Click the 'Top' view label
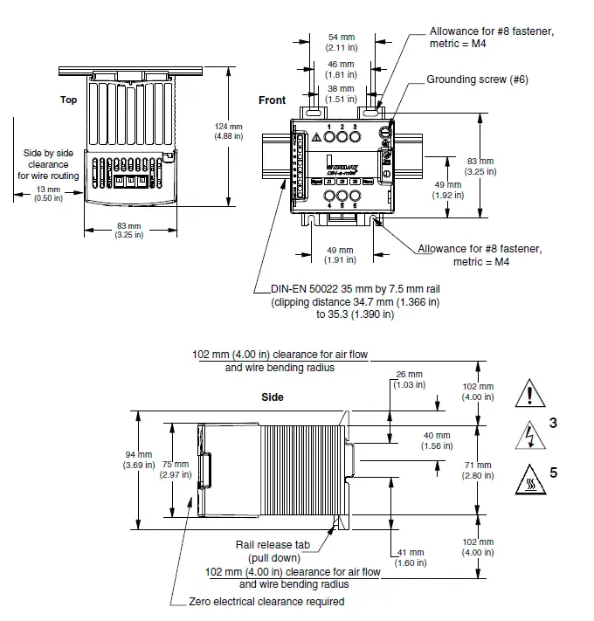click(x=68, y=100)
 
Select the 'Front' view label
click(x=272, y=100)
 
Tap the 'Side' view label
click(x=273, y=397)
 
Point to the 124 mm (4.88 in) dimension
click(x=228, y=131)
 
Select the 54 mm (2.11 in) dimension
click(x=340, y=43)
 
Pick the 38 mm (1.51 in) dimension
click(x=340, y=94)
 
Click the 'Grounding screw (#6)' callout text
click(x=477, y=79)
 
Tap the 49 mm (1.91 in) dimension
click(x=340, y=255)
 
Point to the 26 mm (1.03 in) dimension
click(x=409, y=380)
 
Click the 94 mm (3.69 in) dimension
click(x=137, y=460)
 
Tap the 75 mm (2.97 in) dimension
click(x=175, y=470)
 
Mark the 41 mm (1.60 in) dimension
click(x=409, y=557)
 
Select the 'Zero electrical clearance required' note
click(x=266, y=602)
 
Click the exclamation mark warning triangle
click(x=530, y=394)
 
